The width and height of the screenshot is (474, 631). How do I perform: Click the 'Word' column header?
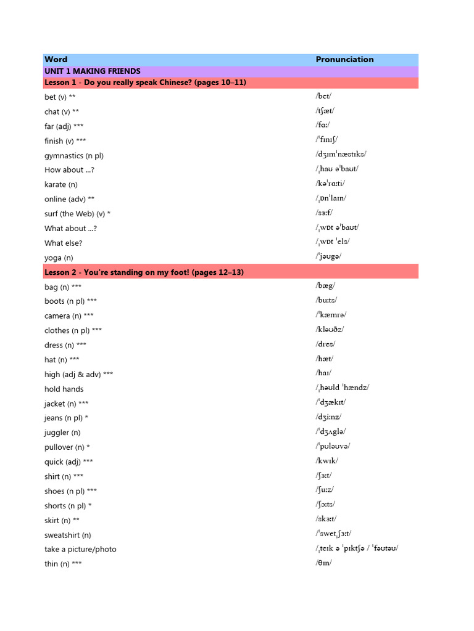[56, 60]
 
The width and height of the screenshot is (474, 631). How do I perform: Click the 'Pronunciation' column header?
[344, 60]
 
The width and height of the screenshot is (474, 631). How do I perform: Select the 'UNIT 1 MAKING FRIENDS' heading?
[93, 71]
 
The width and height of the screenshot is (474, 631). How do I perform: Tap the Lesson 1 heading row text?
[145, 83]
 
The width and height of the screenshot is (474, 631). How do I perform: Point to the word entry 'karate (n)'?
[61, 184]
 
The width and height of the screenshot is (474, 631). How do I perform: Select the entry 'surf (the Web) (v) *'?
[78, 214]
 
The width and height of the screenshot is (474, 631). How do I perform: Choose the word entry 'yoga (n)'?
[59, 258]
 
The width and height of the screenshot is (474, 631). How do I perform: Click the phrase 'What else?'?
[63, 243]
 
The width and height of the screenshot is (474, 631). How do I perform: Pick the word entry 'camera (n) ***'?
[69, 316]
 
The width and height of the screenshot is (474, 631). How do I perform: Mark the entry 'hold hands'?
[64, 389]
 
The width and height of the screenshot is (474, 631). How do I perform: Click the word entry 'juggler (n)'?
[62, 433]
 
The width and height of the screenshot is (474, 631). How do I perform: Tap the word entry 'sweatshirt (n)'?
[68, 535]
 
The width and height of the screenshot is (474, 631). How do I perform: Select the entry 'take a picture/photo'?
[80, 549]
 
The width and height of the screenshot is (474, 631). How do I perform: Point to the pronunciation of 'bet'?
[323, 96]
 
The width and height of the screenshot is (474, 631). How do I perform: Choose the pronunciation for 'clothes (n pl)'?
[330, 330]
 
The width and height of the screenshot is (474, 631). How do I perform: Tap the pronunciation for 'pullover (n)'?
[333, 446]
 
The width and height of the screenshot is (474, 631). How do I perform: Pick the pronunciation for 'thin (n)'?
[323, 563]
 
